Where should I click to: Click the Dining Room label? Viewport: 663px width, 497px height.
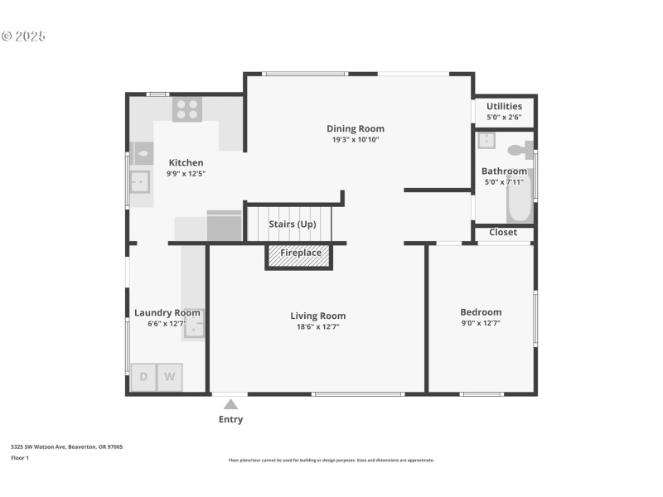coord(355,128)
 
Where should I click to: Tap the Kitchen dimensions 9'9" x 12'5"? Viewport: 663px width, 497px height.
coord(186,174)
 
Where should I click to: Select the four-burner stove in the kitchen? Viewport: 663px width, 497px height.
coord(187,109)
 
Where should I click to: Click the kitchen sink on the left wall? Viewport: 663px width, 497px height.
coord(139,181)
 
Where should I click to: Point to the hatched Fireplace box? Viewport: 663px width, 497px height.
coord(298,256)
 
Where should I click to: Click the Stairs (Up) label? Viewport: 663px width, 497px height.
coord(293,224)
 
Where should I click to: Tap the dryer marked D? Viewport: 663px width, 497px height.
coord(143,377)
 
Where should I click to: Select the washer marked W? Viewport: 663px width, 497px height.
coord(170,377)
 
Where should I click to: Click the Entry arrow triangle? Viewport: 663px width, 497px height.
coord(230,404)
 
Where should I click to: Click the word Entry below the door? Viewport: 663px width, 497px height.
coord(230,420)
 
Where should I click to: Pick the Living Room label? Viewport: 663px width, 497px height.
coord(317,316)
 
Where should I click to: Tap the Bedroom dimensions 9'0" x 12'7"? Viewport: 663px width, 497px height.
coord(481,324)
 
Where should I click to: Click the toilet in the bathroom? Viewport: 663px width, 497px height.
coord(520,150)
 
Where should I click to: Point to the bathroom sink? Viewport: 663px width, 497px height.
coord(486,140)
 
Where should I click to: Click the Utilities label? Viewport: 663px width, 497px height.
coord(504,106)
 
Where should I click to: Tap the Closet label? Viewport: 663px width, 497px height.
coord(503,233)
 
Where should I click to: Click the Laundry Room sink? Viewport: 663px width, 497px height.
coord(193,328)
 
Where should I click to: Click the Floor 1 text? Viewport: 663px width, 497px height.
coord(20,457)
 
